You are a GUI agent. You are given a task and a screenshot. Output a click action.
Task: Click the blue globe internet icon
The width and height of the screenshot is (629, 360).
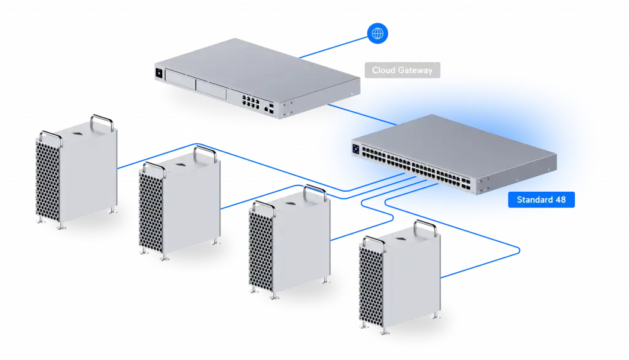pos(378,33)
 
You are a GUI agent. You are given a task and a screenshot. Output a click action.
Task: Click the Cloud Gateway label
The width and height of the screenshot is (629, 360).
pos(402,70)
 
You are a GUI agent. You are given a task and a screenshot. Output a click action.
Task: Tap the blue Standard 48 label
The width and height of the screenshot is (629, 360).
pos(541,200)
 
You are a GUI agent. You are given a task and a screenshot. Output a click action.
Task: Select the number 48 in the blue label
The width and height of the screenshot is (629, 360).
pos(560,200)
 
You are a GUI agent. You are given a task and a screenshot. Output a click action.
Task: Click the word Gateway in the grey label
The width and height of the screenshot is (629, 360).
pos(415,71)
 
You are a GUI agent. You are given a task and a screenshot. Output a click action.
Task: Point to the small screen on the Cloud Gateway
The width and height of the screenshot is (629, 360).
pos(159,73)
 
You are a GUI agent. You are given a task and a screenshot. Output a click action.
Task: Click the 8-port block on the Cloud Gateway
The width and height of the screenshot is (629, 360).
pos(251,101)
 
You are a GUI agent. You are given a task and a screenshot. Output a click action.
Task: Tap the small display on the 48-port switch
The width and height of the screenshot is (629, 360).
pos(356,149)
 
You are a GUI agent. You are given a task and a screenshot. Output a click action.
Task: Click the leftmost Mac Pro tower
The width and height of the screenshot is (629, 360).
pos(76,173)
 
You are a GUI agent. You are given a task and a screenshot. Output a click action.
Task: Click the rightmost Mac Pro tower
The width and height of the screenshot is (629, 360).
pos(399,278)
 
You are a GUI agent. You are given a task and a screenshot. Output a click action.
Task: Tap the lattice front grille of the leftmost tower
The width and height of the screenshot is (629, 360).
pos(48,181)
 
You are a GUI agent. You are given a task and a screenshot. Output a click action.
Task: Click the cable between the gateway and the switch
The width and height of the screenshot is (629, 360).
pos(362,114)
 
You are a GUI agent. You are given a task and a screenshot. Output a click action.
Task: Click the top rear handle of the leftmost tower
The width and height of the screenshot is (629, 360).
pos(102,122)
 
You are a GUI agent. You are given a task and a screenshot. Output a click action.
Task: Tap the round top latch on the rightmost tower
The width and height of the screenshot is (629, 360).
pos(400,238)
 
